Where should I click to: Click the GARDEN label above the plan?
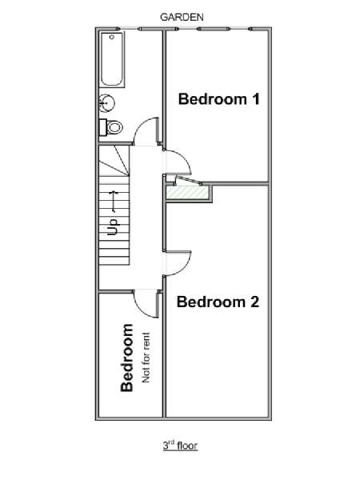(x=182, y=17)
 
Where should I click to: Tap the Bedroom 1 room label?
(x=219, y=99)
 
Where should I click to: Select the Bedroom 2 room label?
(x=218, y=302)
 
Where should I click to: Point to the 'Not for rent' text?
(x=146, y=358)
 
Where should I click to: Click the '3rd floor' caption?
(x=180, y=446)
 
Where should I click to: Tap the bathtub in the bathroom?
(x=112, y=59)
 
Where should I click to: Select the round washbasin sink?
(x=107, y=102)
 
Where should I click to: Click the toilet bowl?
(x=114, y=126)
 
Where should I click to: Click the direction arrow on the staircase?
(x=114, y=202)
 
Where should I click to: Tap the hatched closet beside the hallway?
(x=188, y=193)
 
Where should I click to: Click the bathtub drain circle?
(x=112, y=37)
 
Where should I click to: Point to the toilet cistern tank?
(x=103, y=127)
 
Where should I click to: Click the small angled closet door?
(x=188, y=181)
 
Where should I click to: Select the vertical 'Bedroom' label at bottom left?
(x=127, y=358)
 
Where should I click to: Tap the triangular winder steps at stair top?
(x=114, y=161)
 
